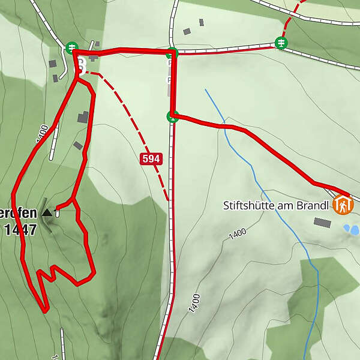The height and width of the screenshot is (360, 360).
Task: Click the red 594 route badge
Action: [151, 159]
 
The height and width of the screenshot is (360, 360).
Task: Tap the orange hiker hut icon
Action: [343, 205]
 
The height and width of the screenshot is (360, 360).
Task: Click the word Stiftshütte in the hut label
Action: [247, 206]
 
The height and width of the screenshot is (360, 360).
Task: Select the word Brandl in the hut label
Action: [313, 206]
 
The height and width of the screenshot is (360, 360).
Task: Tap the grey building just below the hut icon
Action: [322, 223]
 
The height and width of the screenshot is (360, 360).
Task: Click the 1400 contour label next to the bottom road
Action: [193, 303]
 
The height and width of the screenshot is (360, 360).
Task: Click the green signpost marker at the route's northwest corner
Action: [72, 46]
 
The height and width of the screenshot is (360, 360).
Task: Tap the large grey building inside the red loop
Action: [83, 116]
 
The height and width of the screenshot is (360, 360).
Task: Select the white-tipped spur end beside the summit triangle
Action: [58, 212]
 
